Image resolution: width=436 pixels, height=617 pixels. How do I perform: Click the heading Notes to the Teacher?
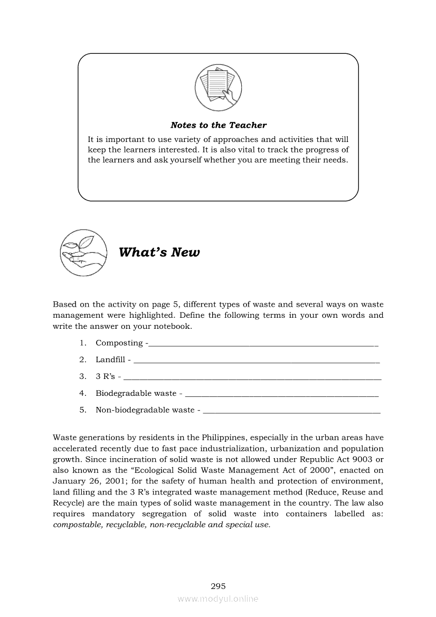[218, 125]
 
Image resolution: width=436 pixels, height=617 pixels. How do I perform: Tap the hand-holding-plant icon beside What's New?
[81, 252]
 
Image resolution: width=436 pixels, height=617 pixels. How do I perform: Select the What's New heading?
[159, 252]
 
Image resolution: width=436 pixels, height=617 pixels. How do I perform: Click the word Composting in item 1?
[119, 343]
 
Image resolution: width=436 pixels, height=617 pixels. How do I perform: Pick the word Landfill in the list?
[110, 359]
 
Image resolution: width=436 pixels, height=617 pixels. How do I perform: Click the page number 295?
[218, 586]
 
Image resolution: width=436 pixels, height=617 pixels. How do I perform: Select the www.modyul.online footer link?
[218, 599]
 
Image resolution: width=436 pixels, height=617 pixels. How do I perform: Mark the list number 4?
[83, 393]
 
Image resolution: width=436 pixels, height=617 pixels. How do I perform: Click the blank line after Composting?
[264, 344]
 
